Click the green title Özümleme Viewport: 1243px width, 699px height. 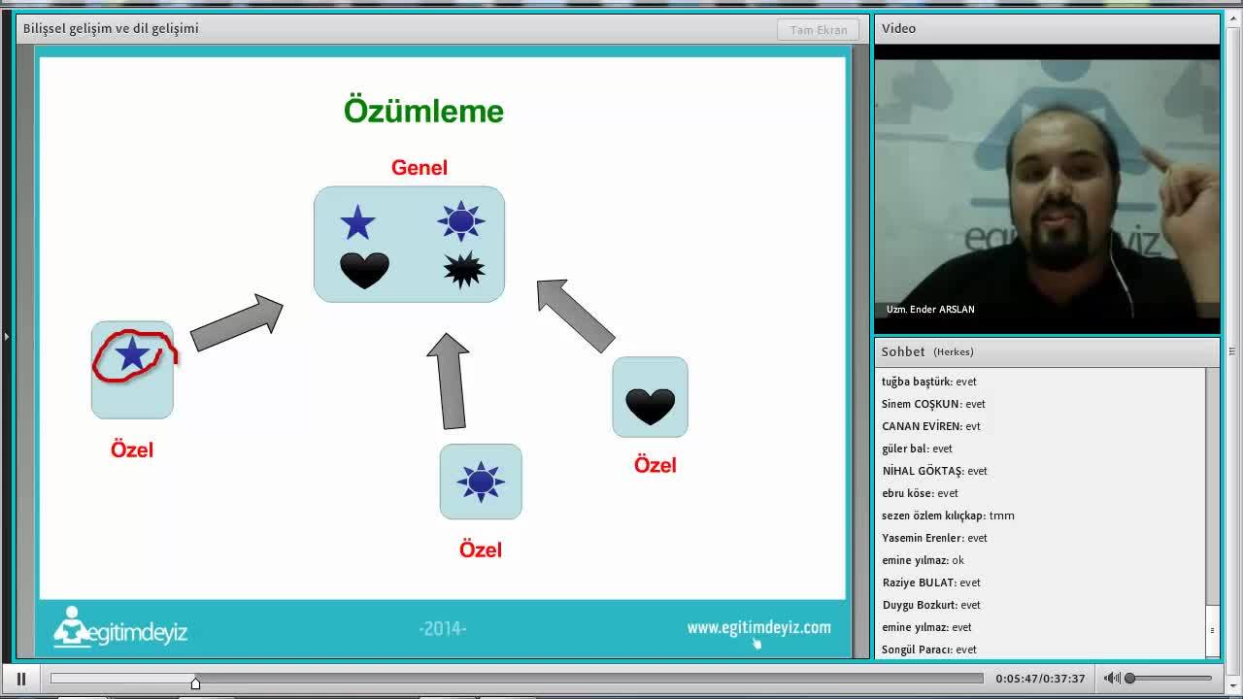[x=423, y=111]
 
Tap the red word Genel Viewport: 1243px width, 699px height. [x=419, y=168]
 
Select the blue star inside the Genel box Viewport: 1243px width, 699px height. [x=357, y=222]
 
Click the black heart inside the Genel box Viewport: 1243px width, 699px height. [x=364, y=270]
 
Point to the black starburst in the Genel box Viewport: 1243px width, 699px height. [x=464, y=270]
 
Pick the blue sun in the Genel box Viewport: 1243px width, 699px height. [x=460, y=221]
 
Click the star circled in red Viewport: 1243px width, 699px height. [x=132, y=353]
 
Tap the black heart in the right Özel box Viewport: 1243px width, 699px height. [x=650, y=407]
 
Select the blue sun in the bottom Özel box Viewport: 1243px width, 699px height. [x=481, y=482]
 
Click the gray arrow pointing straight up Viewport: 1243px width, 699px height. [x=450, y=382]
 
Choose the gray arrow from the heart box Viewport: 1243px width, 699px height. [x=575, y=316]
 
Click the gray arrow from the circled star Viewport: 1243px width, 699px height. [x=237, y=322]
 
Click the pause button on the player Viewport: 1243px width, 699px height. [x=21, y=679]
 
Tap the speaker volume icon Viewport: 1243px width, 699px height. [x=1111, y=678]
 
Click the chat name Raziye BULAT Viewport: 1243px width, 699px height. [x=919, y=582]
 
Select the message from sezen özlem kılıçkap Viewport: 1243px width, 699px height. [x=1001, y=516]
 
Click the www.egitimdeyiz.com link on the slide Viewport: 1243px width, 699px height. [x=759, y=627]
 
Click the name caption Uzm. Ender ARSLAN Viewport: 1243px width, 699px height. [x=930, y=309]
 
